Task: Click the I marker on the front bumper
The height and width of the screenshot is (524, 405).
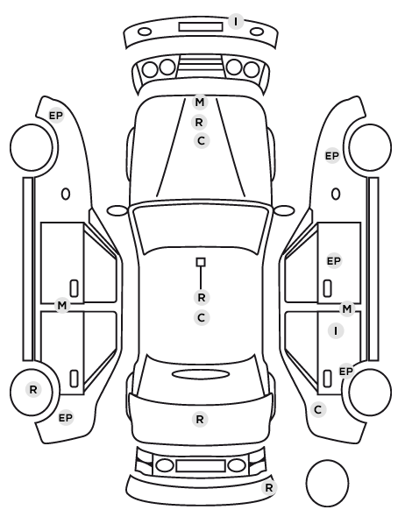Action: point(236,21)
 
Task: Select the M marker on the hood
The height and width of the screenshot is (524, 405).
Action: point(199,102)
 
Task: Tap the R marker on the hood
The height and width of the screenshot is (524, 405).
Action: point(199,123)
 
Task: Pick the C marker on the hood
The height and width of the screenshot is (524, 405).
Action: point(202,141)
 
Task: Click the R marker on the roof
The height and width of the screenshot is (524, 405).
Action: point(202,297)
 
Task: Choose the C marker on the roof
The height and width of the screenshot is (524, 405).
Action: point(202,317)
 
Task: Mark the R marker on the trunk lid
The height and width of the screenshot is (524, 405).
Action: point(200,419)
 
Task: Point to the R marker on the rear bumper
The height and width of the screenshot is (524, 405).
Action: point(269,487)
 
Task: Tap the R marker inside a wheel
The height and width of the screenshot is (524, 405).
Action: point(33,389)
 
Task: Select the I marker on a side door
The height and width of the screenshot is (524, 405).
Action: point(336,331)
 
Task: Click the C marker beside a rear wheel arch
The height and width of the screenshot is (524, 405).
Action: point(318,409)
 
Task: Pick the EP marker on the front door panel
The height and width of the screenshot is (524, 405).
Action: point(333,261)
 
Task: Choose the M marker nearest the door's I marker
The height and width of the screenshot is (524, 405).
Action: point(347,309)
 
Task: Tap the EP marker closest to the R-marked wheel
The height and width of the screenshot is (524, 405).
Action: point(66,418)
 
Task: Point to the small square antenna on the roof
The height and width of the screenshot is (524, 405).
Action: point(201,262)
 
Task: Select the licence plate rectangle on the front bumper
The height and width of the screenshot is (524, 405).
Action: point(201,27)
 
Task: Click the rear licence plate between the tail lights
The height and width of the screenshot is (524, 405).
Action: point(201,465)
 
